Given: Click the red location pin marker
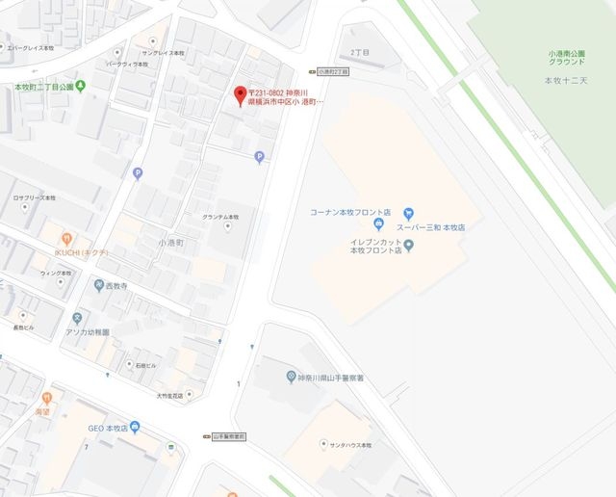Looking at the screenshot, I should pyautogui.click(x=240, y=94).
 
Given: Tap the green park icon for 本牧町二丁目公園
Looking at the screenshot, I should pyautogui.click(x=81, y=87).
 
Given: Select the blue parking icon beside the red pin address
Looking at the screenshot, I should pyautogui.click(x=258, y=157).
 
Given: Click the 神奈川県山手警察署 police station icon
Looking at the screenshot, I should pyautogui.click(x=291, y=376).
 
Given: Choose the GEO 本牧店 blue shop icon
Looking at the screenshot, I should pyautogui.click(x=136, y=428).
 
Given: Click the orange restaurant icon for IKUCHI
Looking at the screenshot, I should pyautogui.click(x=66, y=238).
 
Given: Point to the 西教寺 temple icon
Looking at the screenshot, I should pyautogui.click(x=98, y=285).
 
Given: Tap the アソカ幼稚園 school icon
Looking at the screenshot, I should pyautogui.click(x=77, y=318).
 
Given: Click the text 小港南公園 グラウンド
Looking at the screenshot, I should pyautogui.click(x=566, y=59).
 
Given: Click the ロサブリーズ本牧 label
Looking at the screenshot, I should pyautogui.click(x=34, y=196).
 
